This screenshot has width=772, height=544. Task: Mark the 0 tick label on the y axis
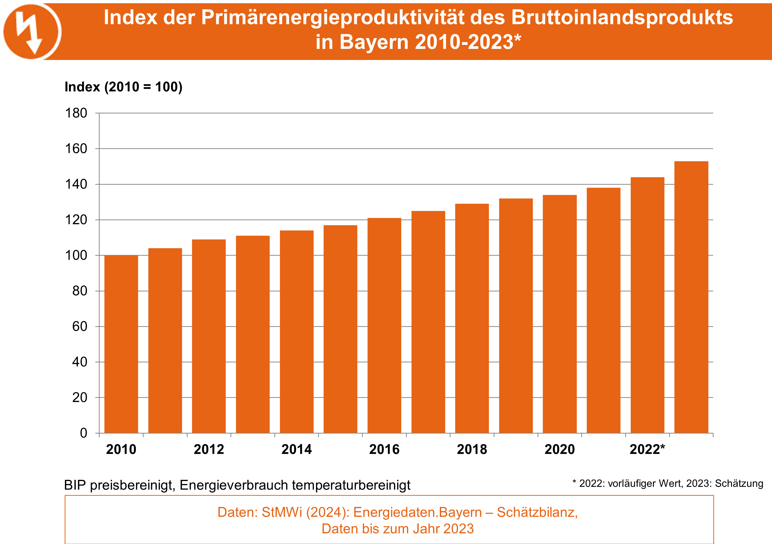coord(83,433)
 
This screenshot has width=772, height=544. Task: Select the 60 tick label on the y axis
coord(80,326)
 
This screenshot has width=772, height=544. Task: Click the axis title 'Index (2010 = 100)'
coord(123,87)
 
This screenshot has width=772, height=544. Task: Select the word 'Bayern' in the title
coord(374,42)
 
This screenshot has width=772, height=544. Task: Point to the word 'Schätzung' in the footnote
coord(739,484)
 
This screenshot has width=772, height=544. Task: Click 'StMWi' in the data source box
coord(282,512)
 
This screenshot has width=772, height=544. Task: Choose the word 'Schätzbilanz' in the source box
coord(537,512)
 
